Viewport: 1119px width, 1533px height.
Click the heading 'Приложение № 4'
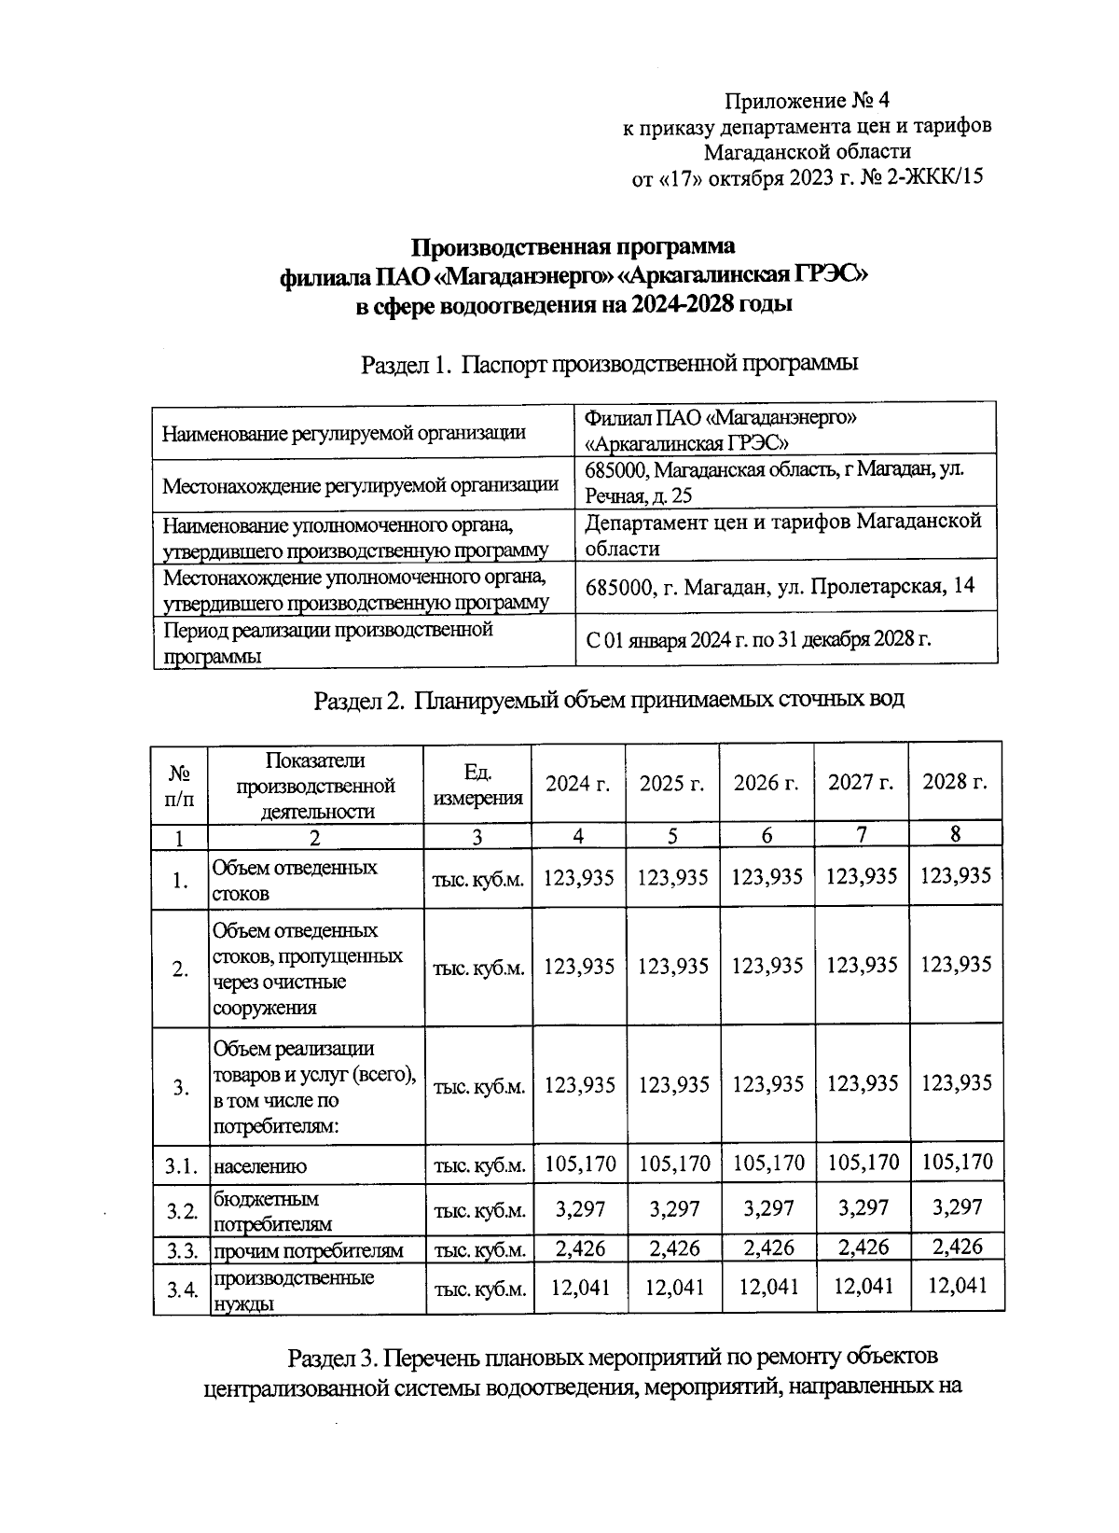click(808, 100)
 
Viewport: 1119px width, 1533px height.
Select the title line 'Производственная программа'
click(573, 247)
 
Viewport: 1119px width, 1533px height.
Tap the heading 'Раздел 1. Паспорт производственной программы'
click(609, 365)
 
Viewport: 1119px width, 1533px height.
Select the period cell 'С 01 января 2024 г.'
click(758, 640)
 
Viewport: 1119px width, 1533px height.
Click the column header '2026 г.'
click(767, 783)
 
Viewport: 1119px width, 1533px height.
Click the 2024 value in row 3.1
click(579, 1164)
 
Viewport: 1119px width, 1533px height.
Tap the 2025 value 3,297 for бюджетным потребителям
click(673, 1209)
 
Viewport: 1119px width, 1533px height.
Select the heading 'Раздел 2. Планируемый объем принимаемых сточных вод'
click(609, 699)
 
